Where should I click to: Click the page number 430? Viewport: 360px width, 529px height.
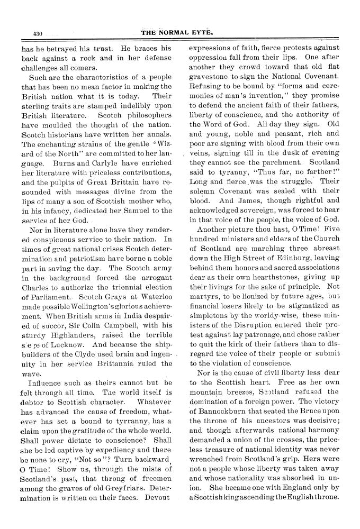[37, 33]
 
